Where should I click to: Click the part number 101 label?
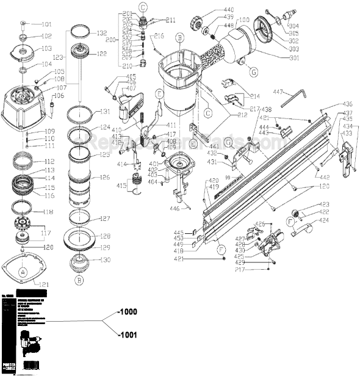[46, 25]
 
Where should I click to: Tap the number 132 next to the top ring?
[101, 33]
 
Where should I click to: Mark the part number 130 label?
[104, 259]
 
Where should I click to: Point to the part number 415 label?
[122, 185]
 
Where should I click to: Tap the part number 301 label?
[294, 58]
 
